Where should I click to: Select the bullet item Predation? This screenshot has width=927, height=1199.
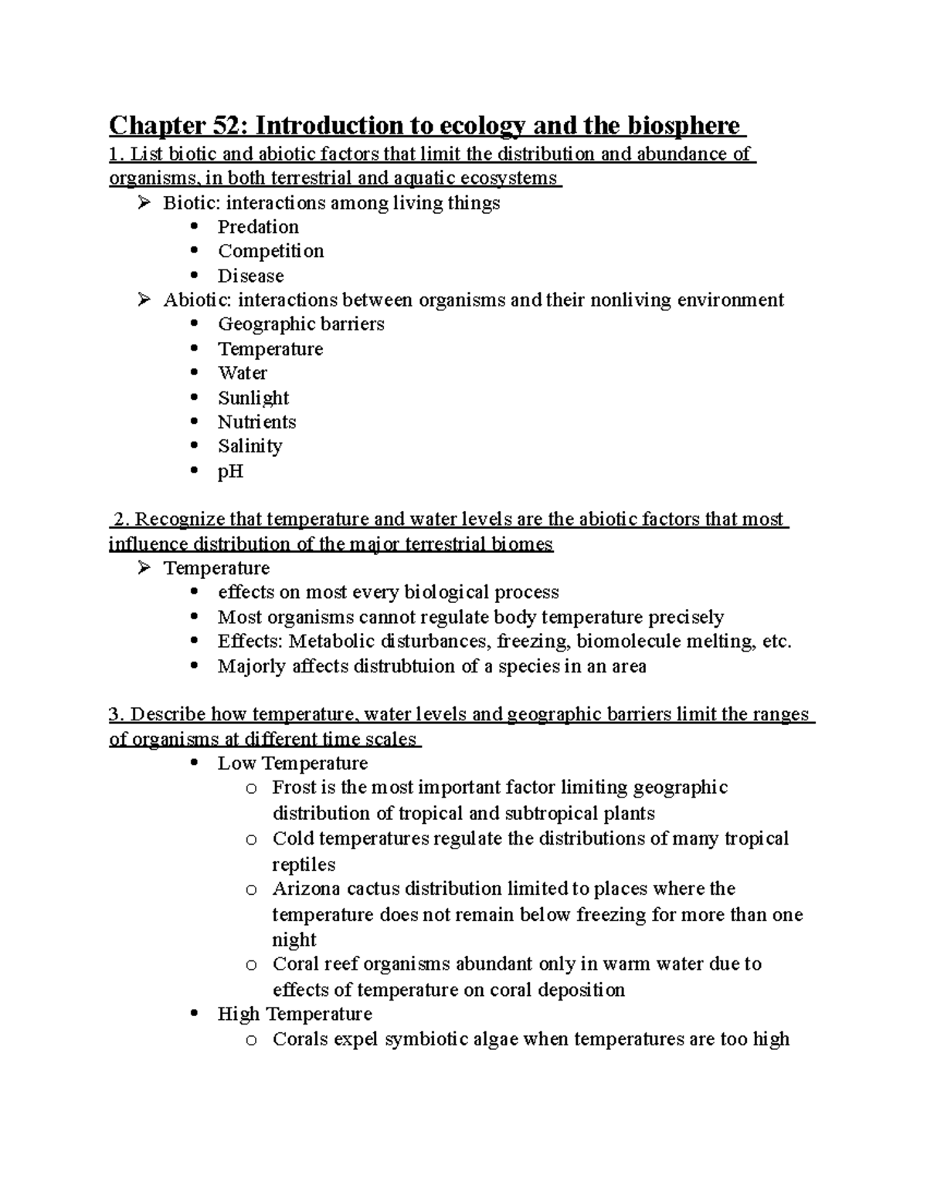click(x=258, y=227)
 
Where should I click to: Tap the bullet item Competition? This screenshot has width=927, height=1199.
click(x=270, y=251)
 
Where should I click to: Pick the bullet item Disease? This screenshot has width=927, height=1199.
click(x=250, y=276)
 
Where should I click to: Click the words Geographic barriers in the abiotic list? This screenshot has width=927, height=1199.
click(x=301, y=324)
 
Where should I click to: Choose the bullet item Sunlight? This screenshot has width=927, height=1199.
click(x=253, y=398)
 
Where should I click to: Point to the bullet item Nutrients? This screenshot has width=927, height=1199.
click(x=256, y=422)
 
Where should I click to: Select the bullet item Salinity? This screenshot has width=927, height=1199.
click(x=250, y=446)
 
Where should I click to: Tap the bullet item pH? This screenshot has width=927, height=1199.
click(x=230, y=471)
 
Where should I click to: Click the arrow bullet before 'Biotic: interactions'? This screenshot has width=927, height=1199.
click(x=144, y=203)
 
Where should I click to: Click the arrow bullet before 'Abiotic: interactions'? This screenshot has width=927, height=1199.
click(x=144, y=300)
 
